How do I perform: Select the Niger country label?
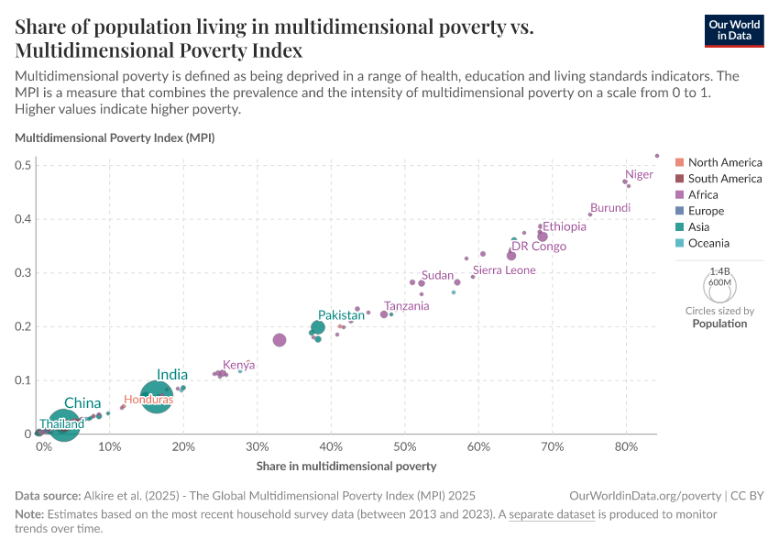(639, 174)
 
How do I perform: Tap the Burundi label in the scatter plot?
(610, 208)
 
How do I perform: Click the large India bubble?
(157, 396)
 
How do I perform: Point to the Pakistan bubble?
(318, 327)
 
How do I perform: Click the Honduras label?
(148, 400)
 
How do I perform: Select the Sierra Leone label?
(504, 270)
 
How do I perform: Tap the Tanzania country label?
(406, 306)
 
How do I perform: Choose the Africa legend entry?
(703, 194)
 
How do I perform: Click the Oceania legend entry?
(708, 243)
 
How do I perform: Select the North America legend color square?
(679, 162)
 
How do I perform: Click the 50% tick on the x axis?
(405, 446)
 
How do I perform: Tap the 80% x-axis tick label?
(626, 446)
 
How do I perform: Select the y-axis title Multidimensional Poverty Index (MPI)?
(115, 138)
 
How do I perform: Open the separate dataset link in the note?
(552, 514)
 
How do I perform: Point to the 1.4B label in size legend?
(719, 272)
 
